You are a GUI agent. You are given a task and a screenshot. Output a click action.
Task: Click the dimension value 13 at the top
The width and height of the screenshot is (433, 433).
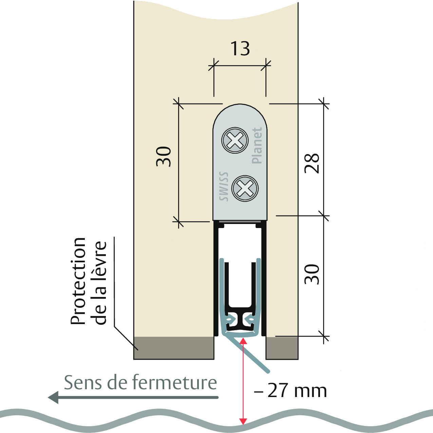tap(240, 49)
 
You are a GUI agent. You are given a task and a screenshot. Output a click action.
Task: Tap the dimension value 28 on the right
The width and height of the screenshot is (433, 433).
tap(312, 163)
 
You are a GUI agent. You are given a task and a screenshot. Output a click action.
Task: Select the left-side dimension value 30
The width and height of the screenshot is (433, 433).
tap(163, 156)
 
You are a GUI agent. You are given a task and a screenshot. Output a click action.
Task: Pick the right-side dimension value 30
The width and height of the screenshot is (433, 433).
tap(312, 275)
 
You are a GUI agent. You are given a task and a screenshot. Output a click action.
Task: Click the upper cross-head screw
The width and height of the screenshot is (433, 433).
tap(235, 140)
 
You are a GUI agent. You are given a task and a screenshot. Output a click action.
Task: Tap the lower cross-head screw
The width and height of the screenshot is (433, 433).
tap(245, 188)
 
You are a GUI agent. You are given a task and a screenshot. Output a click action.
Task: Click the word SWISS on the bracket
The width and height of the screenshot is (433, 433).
tap(224, 186)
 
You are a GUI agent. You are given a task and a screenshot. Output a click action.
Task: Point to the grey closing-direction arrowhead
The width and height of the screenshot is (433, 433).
tap(54, 397)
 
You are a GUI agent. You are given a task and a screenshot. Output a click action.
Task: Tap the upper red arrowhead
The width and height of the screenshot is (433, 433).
tap(243, 341)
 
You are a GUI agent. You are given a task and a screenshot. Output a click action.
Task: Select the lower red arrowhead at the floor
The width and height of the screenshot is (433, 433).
tap(243, 421)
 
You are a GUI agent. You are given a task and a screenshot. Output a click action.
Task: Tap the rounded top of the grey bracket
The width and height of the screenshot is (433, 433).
tap(240, 105)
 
